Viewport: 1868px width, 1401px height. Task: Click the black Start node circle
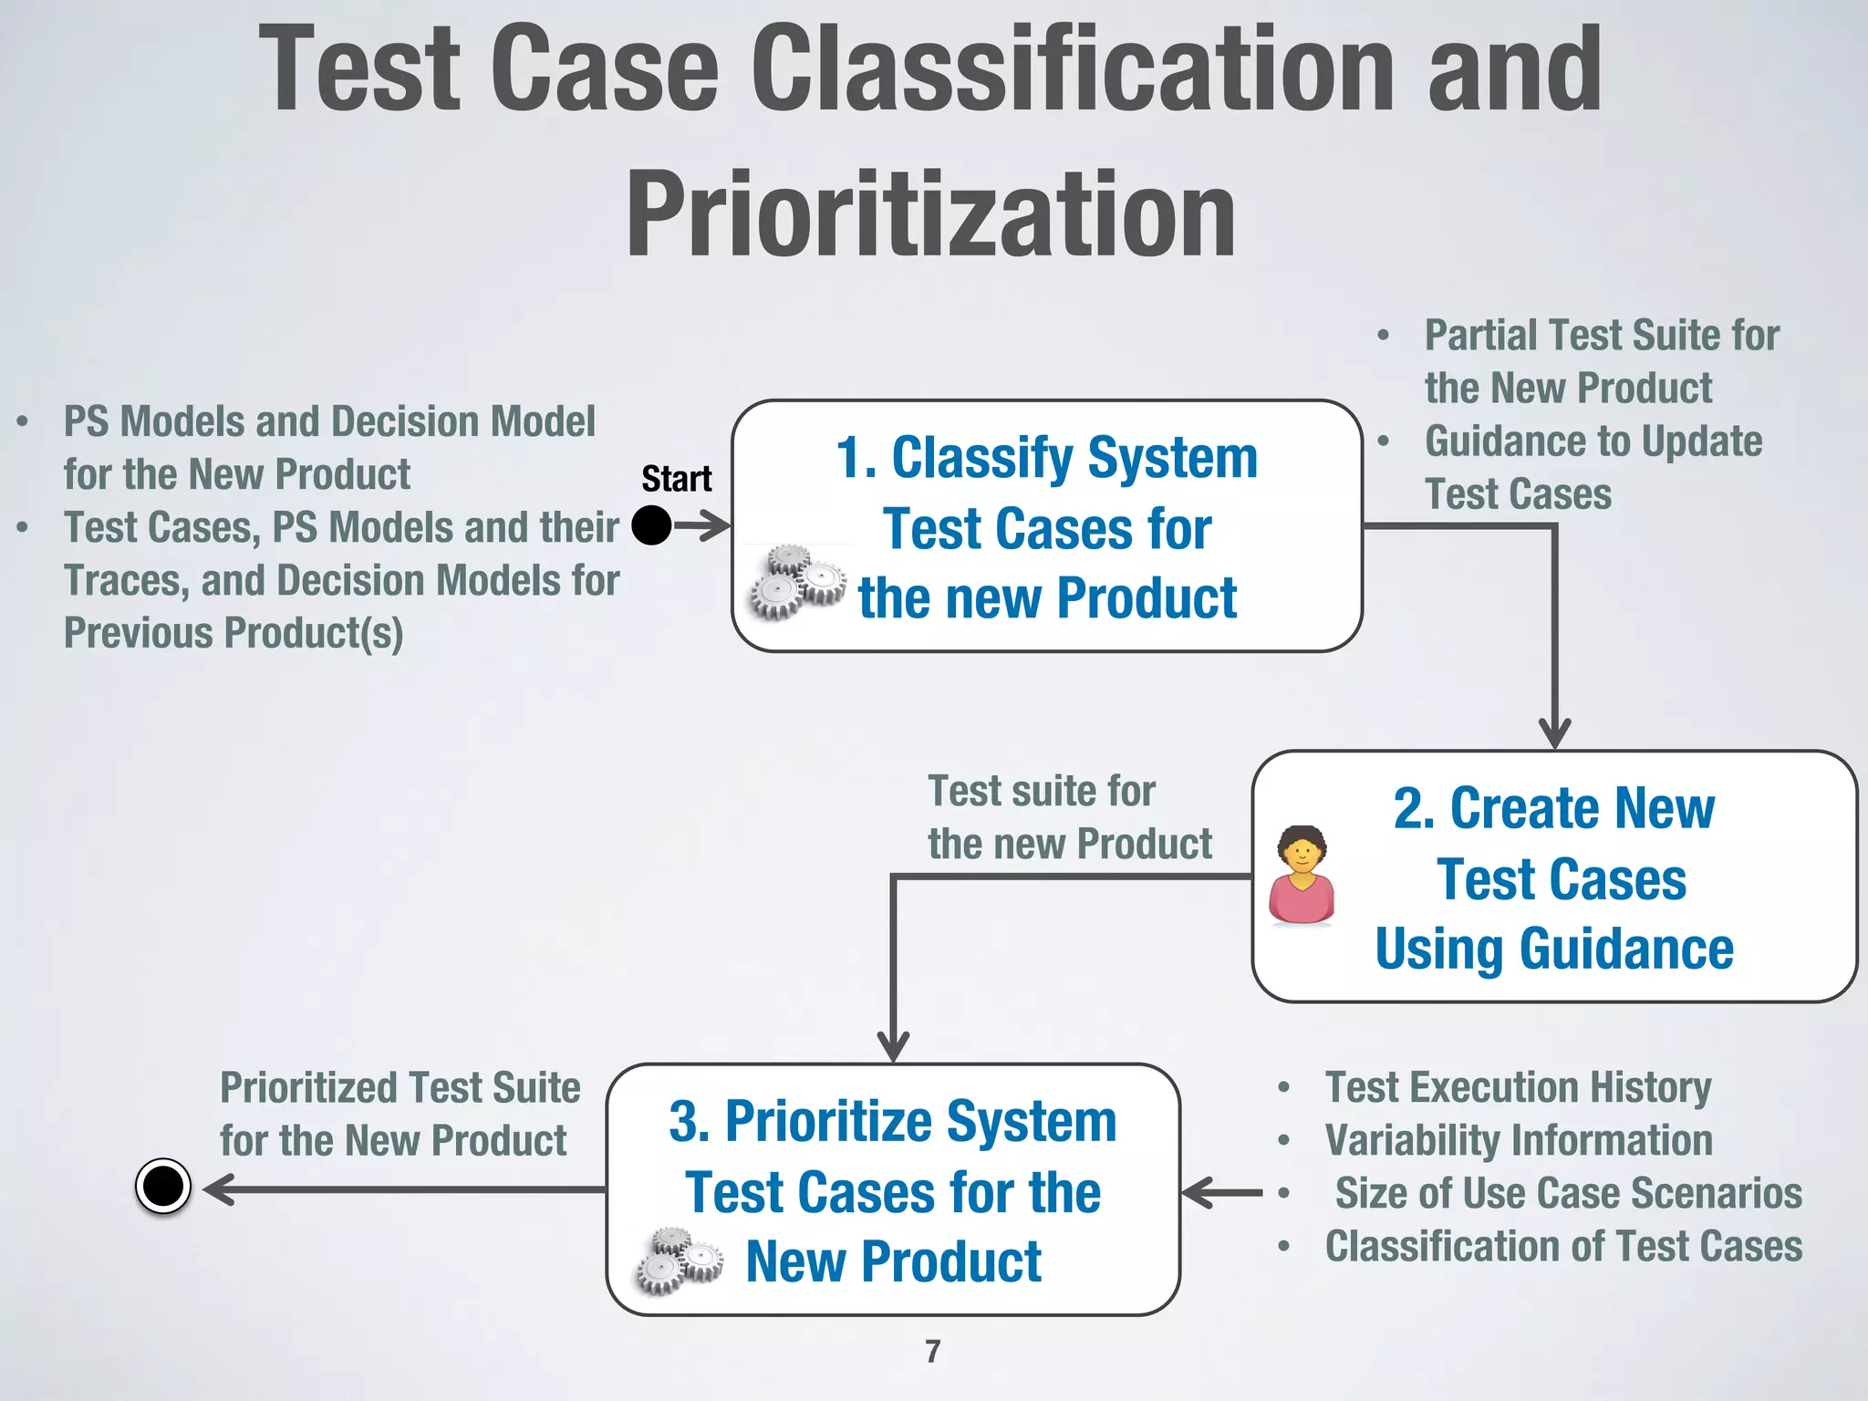click(651, 525)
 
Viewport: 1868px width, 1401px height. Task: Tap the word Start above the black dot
click(676, 479)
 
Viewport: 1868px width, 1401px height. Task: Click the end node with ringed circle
click(163, 1187)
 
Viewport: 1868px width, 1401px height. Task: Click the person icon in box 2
click(1302, 876)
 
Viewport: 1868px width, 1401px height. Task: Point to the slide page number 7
click(932, 1351)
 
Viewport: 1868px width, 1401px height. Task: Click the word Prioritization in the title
click(930, 215)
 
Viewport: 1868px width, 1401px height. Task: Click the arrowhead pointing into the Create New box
click(1554, 734)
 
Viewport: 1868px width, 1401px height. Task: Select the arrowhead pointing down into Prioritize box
click(893, 1046)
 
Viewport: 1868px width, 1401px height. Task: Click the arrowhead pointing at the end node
click(219, 1189)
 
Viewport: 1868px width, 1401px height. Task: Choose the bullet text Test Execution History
click(1518, 1087)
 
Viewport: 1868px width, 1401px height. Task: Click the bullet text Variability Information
click(1519, 1140)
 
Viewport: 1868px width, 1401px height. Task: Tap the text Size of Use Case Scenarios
click(1569, 1193)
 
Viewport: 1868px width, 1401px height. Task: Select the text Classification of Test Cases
click(1563, 1246)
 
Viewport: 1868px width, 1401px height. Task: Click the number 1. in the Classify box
click(856, 457)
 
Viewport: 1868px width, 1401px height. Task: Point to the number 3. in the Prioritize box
click(690, 1121)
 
